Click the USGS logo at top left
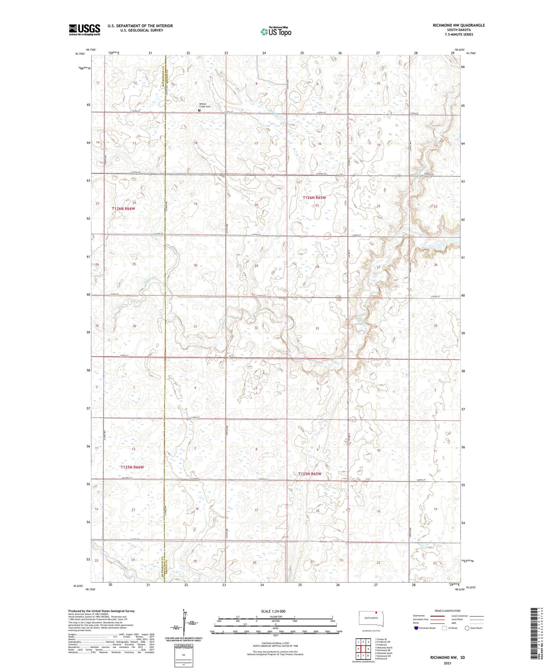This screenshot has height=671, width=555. pyautogui.click(x=84, y=30)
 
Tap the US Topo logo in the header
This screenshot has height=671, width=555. pyautogui.click(x=276, y=32)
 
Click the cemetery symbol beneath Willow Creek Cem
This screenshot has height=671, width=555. pyautogui.click(x=199, y=110)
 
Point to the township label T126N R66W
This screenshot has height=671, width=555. pyautogui.click(x=123, y=209)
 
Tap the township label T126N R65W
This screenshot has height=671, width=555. pyautogui.click(x=314, y=198)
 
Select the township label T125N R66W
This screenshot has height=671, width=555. pyautogui.click(x=132, y=467)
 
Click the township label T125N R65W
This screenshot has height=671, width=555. pyautogui.click(x=310, y=474)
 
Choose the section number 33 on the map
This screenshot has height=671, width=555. pyautogui.click(x=317, y=329)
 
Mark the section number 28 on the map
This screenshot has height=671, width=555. pyautogui.click(x=317, y=267)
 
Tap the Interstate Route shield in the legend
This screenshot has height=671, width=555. pyautogui.click(x=416, y=639)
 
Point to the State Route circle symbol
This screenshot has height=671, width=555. pyautogui.click(x=467, y=639)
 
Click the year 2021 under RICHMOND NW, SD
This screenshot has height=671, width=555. pyautogui.click(x=447, y=663)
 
